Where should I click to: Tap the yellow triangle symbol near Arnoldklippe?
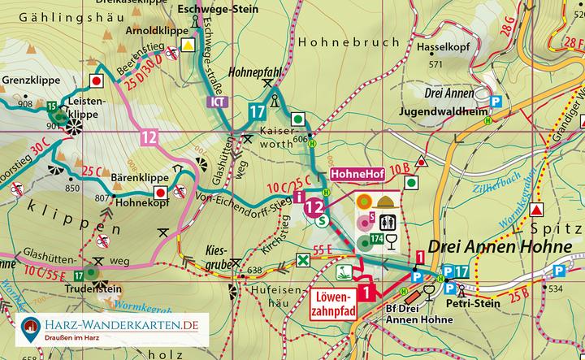(x=189, y=46)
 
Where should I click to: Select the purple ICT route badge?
(x=216, y=102)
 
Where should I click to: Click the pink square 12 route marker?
(x=149, y=137)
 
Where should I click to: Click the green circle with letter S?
(x=323, y=220)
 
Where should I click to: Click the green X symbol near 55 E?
(x=302, y=260)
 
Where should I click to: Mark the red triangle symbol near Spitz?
(x=536, y=210)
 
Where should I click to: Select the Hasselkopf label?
(x=439, y=48)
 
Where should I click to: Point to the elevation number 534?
(x=556, y=288)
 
